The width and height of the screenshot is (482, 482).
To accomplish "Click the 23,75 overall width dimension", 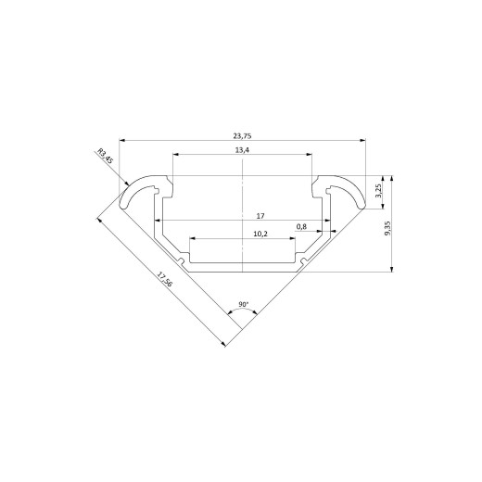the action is (242, 135).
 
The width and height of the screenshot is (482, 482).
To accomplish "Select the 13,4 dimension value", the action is (242, 150).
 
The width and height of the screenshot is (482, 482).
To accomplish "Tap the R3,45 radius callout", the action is (106, 156).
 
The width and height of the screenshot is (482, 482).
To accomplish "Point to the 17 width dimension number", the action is (260, 216).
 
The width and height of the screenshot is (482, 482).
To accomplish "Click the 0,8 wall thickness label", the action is (301, 227).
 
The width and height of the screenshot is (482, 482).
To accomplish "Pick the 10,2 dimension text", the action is (260, 234).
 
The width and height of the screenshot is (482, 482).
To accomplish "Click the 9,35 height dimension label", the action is (387, 228).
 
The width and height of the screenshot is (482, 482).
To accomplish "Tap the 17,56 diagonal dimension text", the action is (164, 279).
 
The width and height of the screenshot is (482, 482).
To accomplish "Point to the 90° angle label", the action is (244, 304).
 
